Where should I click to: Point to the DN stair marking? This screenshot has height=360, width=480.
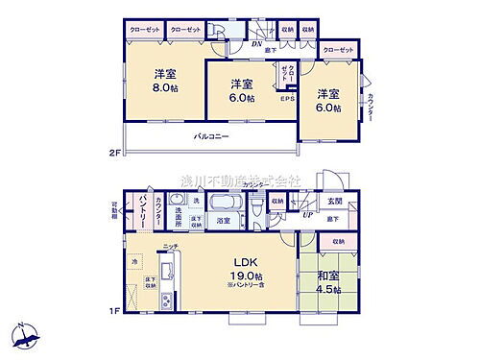click(257, 44)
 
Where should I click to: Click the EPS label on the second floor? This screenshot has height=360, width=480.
click(286, 99)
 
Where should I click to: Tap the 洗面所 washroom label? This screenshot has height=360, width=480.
click(179, 217)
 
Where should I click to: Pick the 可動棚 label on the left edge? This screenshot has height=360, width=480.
click(114, 208)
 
